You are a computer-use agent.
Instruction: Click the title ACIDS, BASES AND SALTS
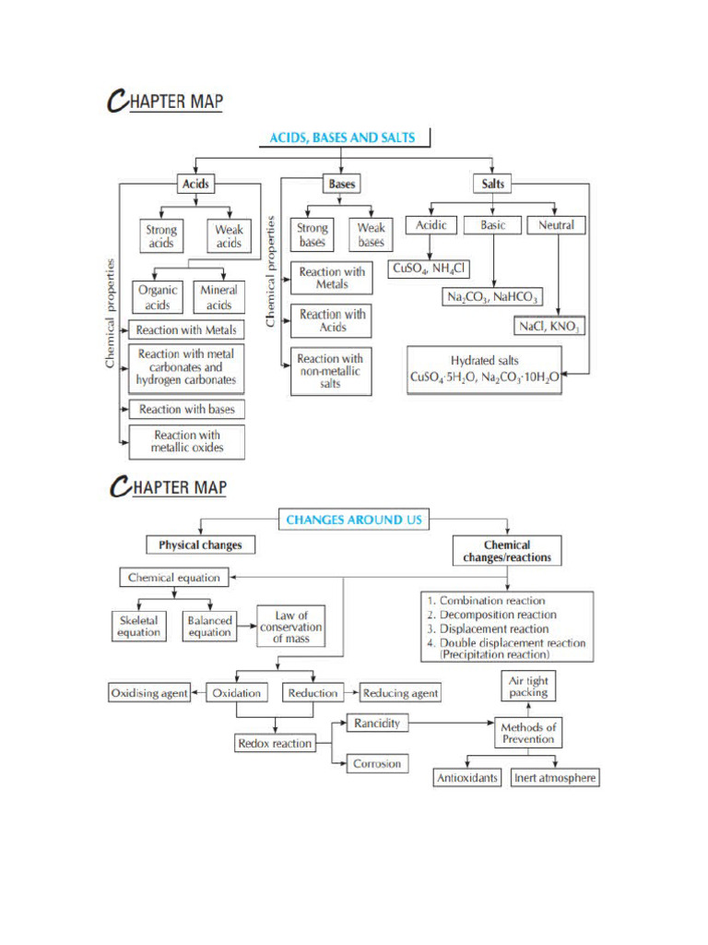342,138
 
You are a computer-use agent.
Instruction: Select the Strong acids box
161,236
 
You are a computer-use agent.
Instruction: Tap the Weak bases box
371,234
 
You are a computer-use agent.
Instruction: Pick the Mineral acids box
218,297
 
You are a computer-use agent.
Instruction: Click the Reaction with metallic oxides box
187,442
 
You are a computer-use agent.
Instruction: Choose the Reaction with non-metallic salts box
330,371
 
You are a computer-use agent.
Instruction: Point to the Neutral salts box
556,225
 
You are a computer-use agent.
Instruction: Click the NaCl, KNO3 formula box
550,327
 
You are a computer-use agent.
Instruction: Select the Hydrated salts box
485,369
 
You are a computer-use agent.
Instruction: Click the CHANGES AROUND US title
354,520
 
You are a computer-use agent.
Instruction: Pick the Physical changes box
200,545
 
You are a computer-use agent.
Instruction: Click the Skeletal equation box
138,627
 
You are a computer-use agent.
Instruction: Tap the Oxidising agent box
148,692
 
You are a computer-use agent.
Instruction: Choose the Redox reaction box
275,743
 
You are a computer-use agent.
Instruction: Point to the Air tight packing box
528,687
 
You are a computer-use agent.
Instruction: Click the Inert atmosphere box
555,778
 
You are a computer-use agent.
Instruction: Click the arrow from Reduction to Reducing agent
350,692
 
